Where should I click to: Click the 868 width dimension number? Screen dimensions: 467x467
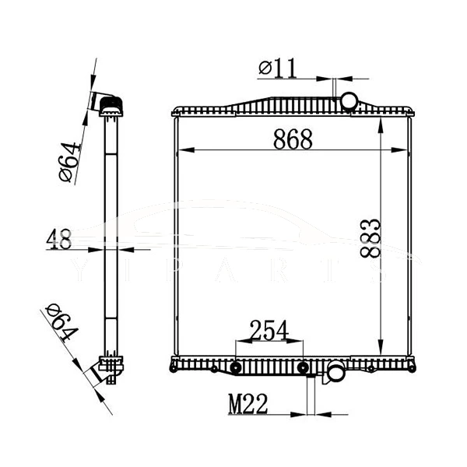293,140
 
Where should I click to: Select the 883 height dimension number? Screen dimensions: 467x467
370,237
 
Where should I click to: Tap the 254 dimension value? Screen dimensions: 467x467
269,331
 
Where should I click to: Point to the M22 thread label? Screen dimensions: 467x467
248,404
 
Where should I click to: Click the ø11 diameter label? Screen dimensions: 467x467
278,68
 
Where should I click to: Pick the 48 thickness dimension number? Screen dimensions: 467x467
58,239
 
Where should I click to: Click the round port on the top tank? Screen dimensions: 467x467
349,101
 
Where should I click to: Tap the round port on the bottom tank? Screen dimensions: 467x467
336,373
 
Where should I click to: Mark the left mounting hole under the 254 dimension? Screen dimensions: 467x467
236,367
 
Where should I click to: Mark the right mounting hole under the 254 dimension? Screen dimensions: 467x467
302,367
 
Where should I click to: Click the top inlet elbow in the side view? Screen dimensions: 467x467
107,102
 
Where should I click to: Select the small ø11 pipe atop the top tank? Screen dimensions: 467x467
334,91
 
